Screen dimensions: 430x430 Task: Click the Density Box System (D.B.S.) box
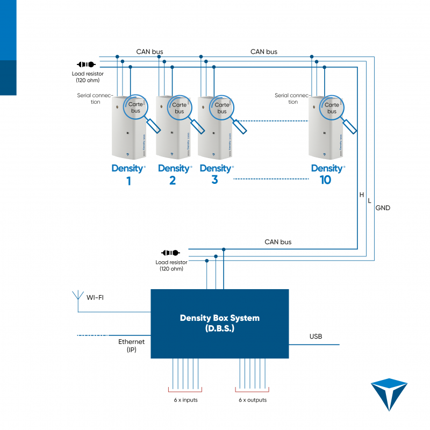pos(219,323)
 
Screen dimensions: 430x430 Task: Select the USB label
pos(316,337)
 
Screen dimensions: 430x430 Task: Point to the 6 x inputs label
pos(185,400)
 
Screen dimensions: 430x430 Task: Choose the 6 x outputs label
pos(253,400)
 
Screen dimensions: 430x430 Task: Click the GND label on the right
pos(383,207)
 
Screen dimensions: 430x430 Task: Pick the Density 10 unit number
pos(325,181)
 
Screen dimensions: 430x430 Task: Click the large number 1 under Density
pos(128,181)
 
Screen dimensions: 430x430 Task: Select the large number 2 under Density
pos(172,181)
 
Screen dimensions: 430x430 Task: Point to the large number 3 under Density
pos(214,180)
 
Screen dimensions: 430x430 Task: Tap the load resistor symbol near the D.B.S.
pos(170,252)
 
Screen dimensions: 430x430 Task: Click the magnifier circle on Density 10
pos(332,109)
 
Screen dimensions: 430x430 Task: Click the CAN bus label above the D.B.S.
pos(278,242)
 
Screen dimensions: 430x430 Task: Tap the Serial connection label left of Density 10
pos(293,98)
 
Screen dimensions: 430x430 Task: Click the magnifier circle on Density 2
pos(179,109)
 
